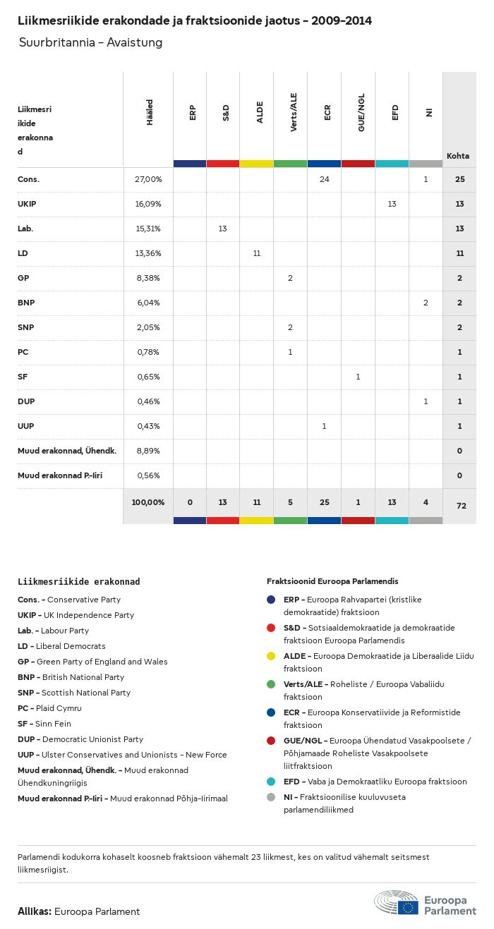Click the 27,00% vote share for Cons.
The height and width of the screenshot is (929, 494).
point(148,179)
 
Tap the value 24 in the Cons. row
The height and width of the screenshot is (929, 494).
point(324,179)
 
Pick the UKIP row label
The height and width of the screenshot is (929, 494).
point(27,204)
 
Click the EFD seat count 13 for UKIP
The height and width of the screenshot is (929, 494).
point(392,204)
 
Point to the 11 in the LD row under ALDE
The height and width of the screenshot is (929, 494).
point(256,253)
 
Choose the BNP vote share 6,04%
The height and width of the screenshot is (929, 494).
point(148,303)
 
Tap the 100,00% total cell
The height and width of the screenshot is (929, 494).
point(148,502)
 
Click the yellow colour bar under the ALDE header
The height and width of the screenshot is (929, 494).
point(256,164)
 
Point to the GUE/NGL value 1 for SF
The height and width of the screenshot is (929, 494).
point(358,377)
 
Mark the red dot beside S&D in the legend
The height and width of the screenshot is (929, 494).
point(271,628)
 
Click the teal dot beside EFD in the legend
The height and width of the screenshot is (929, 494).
point(271,782)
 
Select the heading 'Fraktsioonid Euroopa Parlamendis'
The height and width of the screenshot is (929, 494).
point(332,581)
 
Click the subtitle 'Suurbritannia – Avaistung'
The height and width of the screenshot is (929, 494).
point(90,42)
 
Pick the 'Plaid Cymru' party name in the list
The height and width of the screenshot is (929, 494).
point(61,708)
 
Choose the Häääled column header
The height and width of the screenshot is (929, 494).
point(150,113)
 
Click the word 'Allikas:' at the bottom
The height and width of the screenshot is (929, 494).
point(35,911)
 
